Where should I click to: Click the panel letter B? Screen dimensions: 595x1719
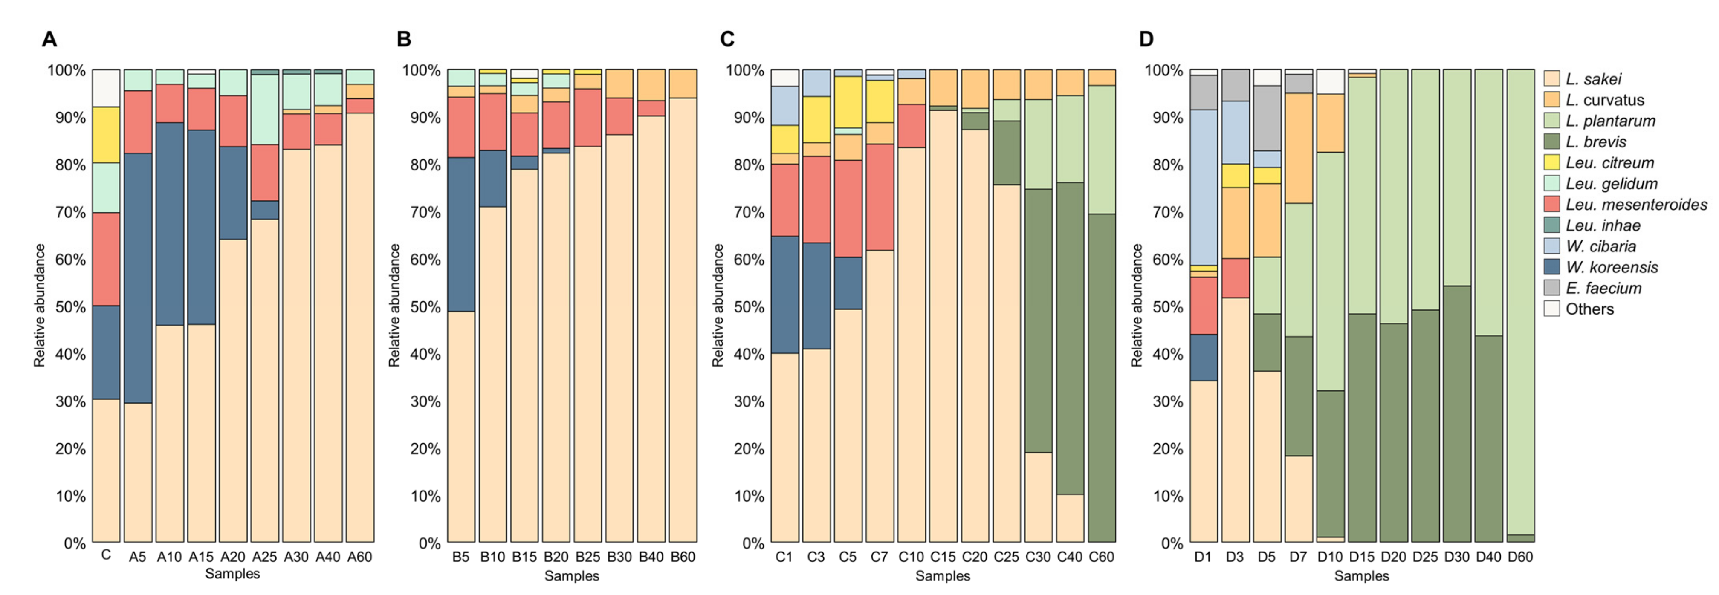click(404, 39)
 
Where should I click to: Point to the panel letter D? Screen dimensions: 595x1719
click(1145, 39)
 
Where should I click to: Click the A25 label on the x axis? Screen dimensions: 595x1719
click(264, 556)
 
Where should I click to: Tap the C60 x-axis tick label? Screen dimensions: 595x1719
click(1101, 556)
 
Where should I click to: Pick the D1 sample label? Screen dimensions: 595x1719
click(1203, 556)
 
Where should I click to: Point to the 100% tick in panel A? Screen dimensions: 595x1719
click(66, 70)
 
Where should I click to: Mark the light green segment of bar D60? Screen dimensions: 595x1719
click(1520, 300)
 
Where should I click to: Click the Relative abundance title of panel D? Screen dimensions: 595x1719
click(1137, 305)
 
